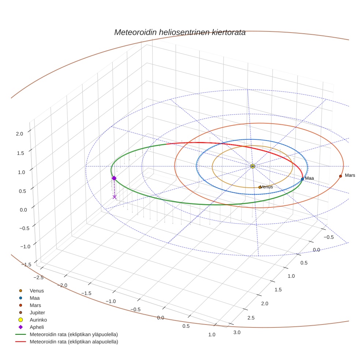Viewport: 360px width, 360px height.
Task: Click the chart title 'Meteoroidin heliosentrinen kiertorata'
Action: [180, 32]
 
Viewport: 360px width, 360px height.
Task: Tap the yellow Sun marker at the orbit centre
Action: [252, 166]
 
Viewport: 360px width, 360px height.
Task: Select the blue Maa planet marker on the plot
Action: [302, 179]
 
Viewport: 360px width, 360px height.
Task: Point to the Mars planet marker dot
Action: [340, 176]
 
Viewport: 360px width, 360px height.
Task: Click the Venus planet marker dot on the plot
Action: [260, 187]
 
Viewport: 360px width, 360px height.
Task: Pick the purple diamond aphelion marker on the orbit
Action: [114, 178]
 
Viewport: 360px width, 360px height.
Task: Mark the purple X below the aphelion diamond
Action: [115, 197]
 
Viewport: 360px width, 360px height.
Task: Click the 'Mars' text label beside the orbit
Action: [350, 176]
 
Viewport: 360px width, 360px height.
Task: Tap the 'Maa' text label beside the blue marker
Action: [310, 178]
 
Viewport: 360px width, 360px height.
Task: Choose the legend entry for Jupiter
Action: [37, 312]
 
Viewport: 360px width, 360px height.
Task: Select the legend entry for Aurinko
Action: [38, 320]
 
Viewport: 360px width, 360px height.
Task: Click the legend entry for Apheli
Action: [36, 327]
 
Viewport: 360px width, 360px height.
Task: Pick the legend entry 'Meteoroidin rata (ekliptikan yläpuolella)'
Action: [74, 334]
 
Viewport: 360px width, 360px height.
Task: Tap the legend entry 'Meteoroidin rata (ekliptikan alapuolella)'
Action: [74, 342]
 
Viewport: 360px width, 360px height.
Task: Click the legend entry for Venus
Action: [37, 291]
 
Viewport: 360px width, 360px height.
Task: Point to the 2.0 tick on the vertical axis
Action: [19, 134]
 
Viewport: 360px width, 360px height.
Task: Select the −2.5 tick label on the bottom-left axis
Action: [37, 277]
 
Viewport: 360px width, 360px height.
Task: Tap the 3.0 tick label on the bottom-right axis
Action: [237, 332]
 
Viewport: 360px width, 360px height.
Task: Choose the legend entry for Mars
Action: [35, 305]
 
